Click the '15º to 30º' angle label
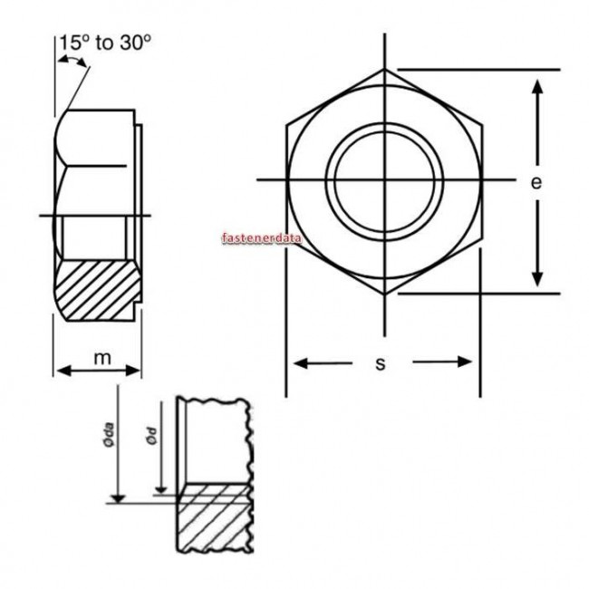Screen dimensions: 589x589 [x=104, y=43]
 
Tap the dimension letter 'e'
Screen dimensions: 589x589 [x=536, y=182]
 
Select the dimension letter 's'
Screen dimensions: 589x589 [x=381, y=363]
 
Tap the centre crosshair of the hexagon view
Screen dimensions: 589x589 [x=384, y=179]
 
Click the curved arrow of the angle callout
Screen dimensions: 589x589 [x=72, y=60]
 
